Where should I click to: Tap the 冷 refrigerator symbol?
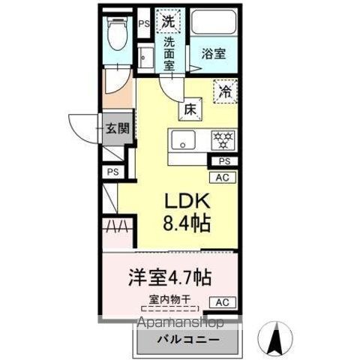(x=223, y=91)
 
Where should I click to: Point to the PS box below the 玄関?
(x=113, y=172)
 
